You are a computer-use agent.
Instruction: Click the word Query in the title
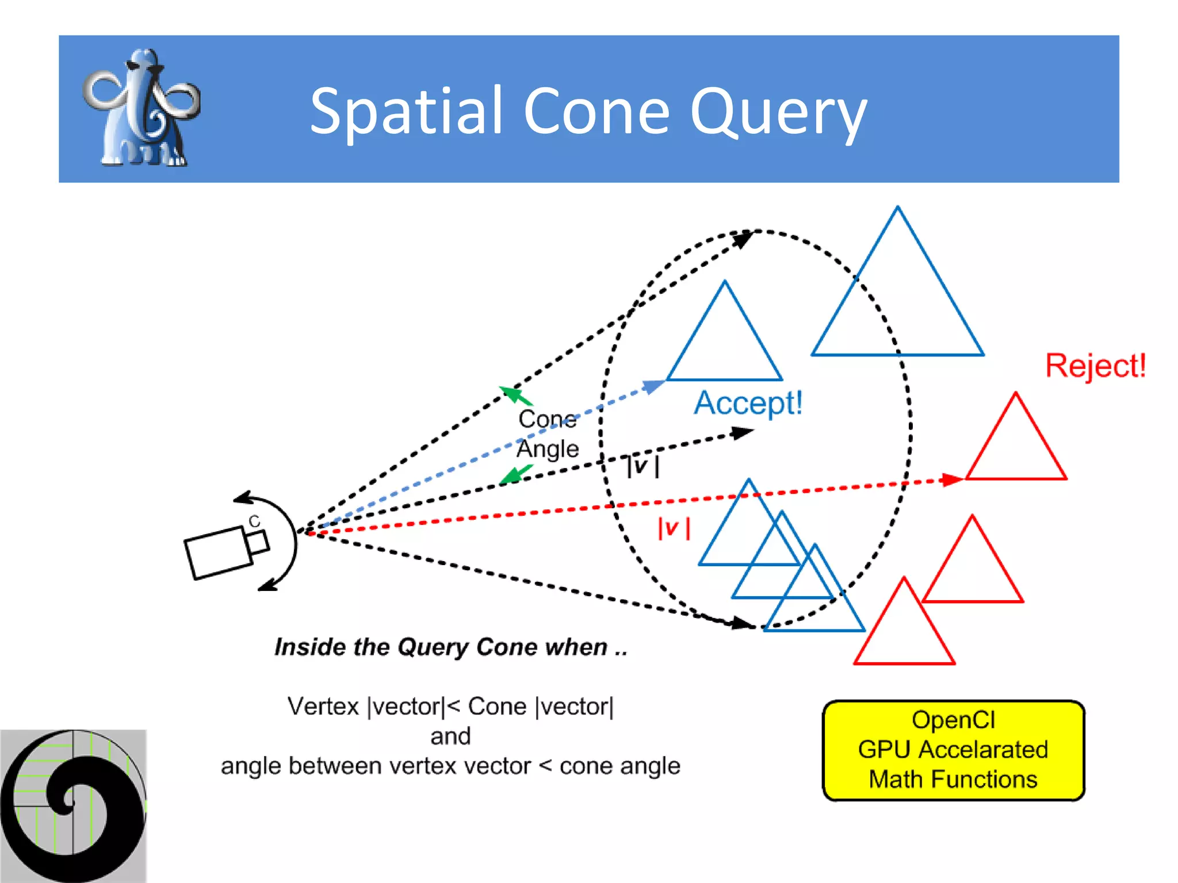[778, 112]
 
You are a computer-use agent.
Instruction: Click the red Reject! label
[1095, 366]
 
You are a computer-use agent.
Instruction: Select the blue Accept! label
[748, 402]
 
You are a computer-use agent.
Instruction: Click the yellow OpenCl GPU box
[953, 750]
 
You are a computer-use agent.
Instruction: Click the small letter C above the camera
[254, 521]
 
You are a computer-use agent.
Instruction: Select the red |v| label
[674, 528]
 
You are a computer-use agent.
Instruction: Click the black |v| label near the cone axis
[642, 466]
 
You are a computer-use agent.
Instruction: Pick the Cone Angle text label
[547, 433]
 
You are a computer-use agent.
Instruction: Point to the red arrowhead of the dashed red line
[952, 479]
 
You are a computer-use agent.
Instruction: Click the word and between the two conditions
[450, 736]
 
